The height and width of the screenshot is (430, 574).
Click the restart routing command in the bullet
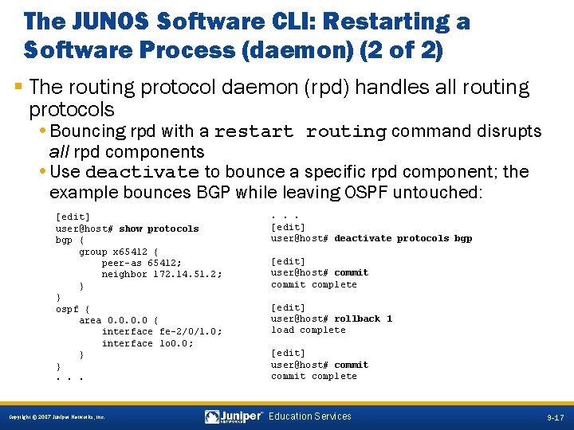coord(301,131)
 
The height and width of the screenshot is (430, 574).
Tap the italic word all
coord(58,151)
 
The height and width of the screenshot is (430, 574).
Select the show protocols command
coord(159,229)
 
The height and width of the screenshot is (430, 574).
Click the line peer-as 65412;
coord(141,263)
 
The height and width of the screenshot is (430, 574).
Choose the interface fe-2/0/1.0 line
coord(162,331)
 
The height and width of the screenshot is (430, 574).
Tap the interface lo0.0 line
coord(147,343)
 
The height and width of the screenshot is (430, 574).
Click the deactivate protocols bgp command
coord(403,238)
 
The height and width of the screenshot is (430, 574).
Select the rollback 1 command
coord(363,319)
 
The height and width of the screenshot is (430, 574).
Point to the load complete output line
coord(308,330)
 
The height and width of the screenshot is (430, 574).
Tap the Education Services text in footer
coord(310,416)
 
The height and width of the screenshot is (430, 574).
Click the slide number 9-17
coord(555,417)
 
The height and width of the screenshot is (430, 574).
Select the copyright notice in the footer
coord(55,417)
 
